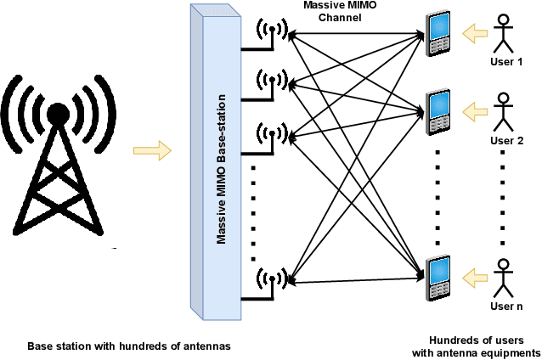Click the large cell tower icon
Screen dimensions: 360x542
click(58, 153)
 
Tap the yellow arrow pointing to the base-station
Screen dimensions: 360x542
click(152, 151)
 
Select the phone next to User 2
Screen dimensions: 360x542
click(438, 111)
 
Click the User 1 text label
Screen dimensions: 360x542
click(507, 63)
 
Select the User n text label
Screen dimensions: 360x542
click(507, 305)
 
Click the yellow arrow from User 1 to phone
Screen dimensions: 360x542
click(473, 34)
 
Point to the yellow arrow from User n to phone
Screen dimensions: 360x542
click(473, 276)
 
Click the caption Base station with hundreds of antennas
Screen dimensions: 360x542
click(129, 346)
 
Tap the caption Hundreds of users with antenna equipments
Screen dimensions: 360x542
click(476, 346)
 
